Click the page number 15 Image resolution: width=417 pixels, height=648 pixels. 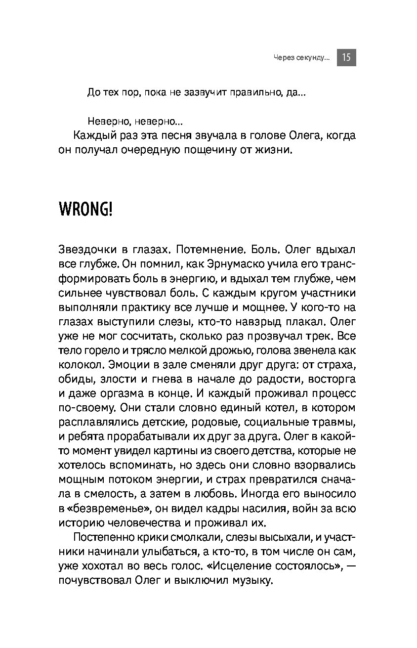click(346, 58)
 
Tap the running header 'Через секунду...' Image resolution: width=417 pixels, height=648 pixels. click(301, 58)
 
